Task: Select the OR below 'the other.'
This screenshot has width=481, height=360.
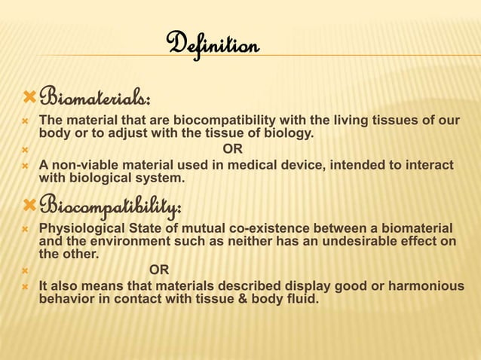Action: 159,270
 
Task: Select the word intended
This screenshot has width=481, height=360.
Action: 361,166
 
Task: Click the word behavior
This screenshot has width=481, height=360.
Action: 66,300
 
